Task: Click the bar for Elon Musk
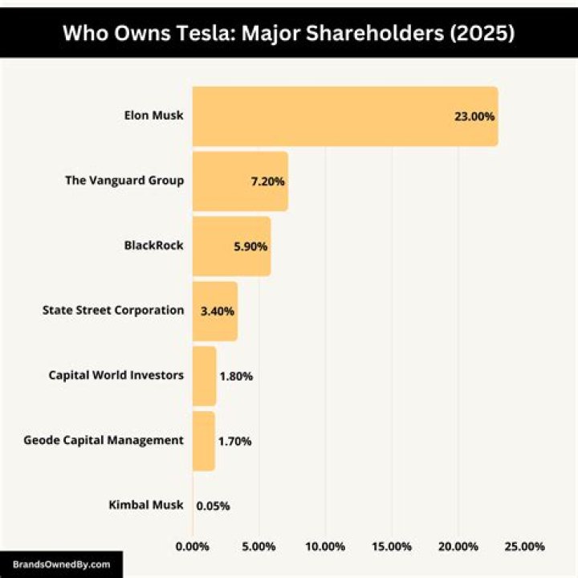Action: coord(345,116)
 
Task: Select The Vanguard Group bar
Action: coord(240,181)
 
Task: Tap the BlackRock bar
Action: coord(231,246)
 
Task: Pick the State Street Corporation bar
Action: coord(215,311)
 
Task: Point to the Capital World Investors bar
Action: coord(204,376)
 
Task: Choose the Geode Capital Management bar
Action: coord(203,441)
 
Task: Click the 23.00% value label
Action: coord(474,116)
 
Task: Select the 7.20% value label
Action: coord(267,181)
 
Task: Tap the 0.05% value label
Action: coord(213,506)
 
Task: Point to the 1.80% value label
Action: coord(236,376)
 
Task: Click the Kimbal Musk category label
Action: coord(146,505)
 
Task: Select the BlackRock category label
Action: coord(153,245)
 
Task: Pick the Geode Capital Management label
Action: coord(104,440)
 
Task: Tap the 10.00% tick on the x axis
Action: coord(325,547)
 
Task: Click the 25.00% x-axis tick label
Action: coord(524,547)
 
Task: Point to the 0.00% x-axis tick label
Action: coord(193,547)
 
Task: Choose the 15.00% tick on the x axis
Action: coord(392,547)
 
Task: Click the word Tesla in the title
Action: coord(206,33)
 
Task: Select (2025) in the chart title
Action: coord(482,33)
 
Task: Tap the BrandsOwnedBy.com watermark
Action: coord(62,564)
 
